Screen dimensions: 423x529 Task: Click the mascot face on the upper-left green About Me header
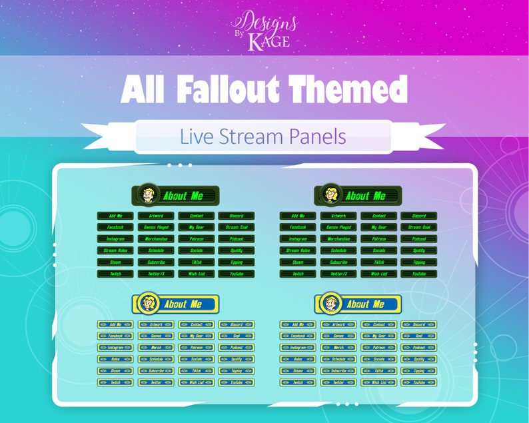(147, 195)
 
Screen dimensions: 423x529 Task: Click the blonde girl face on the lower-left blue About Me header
(147, 304)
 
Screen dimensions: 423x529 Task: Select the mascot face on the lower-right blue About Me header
(329, 304)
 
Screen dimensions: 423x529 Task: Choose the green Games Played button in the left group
(155, 227)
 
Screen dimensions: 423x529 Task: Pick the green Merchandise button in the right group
(338, 238)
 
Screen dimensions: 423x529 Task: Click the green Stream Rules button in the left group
(115, 250)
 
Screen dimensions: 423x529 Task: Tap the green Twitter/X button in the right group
(338, 274)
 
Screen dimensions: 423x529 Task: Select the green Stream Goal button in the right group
(418, 227)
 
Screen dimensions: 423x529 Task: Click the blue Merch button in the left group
(155, 347)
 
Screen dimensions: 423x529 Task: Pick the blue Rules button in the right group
(298, 359)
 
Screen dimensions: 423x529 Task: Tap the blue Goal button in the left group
(236, 336)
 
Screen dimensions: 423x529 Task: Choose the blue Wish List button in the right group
(378, 382)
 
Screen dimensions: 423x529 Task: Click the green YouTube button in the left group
(236, 274)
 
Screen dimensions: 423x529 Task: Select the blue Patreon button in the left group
(196, 347)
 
